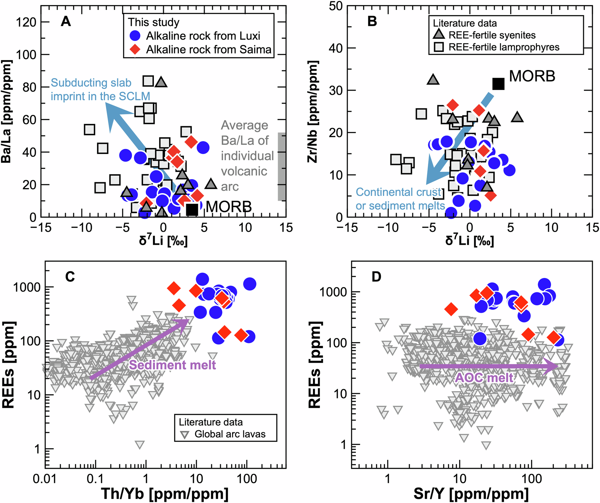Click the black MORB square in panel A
pos(192,209)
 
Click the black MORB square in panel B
pos(498,83)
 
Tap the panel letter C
pos(70,276)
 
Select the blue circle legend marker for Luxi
pos(135,36)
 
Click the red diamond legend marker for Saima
pos(135,49)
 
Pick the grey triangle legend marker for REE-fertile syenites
pos(439,34)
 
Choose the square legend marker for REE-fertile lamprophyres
pos(439,47)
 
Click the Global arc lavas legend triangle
pos(185,434)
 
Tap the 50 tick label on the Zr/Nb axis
pos(336,6)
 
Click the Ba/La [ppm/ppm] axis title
pos(7,112)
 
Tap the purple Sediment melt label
pos(172,365)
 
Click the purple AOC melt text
pos(484,378)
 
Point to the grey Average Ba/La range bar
pos(281,166)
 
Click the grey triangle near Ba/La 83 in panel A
pos(161,82)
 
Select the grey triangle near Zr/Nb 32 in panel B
pos(433,80)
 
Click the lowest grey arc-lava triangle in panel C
pos(140,445)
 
